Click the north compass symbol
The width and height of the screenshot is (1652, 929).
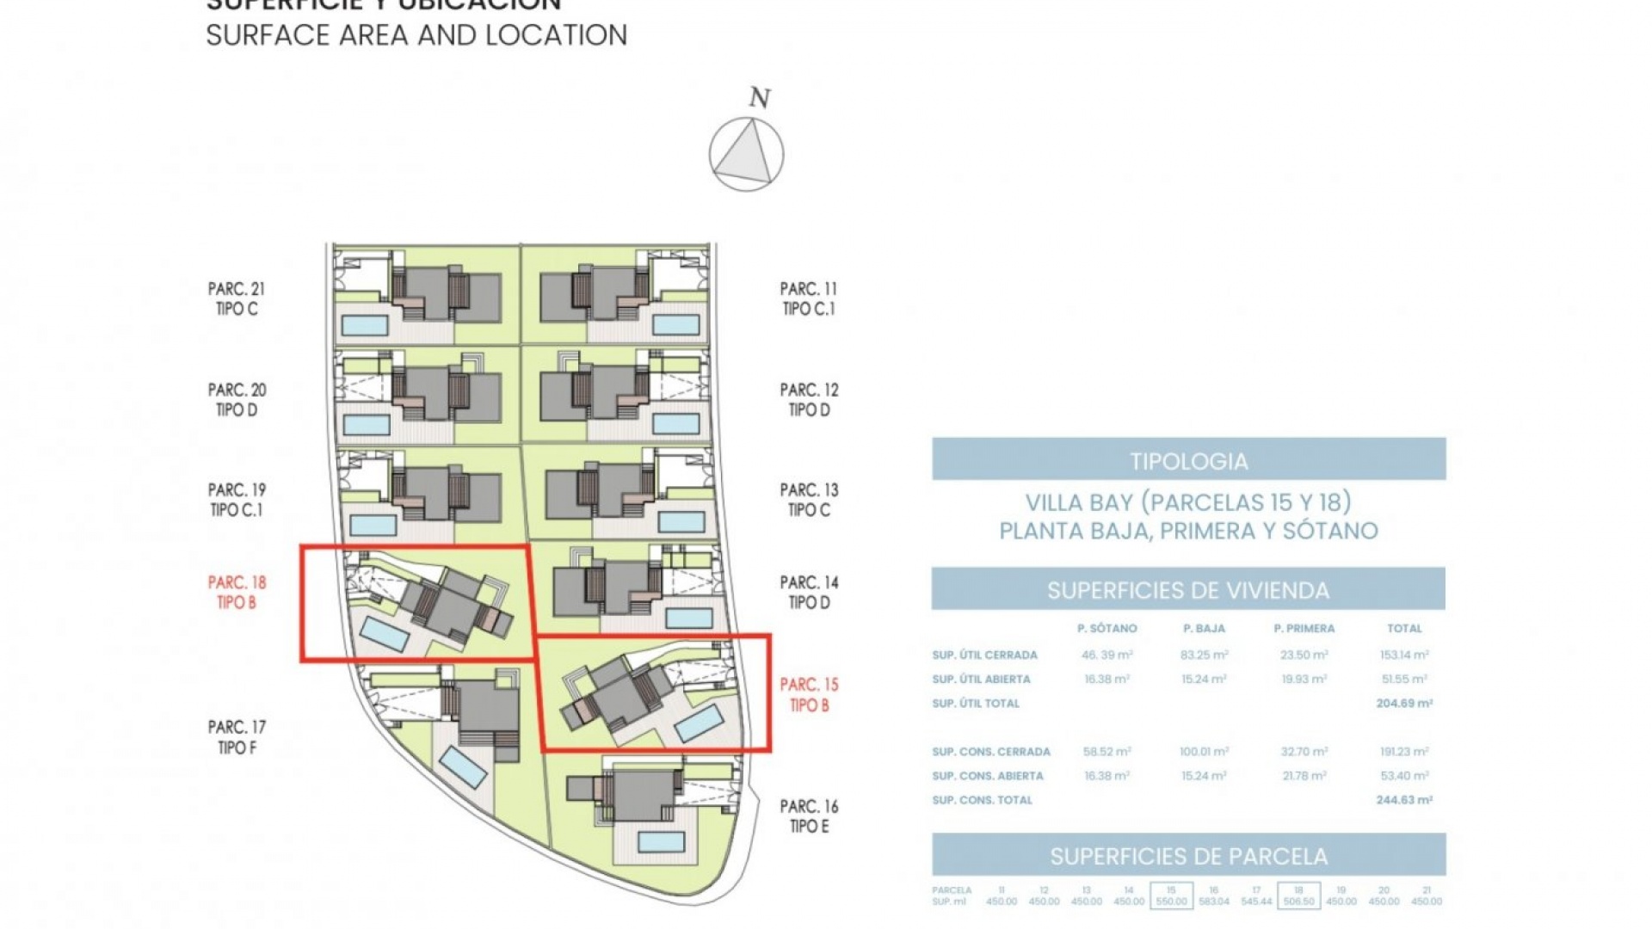pos(746,154)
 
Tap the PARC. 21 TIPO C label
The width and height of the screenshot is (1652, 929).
pos(237,298)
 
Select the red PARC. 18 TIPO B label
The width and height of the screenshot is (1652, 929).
pos(237,593)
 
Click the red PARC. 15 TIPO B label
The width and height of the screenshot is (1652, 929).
pos(809,694)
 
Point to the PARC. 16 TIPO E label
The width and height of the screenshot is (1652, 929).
pos(809,816)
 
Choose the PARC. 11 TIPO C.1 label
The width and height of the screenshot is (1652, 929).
pos(809,298)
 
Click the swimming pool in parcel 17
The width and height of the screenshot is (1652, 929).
pos(463,766)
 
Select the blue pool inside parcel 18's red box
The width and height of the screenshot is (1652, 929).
pos(384,634)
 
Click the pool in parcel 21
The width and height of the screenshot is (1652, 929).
pos(365,324)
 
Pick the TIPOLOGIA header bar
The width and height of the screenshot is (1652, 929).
pos(1188,460)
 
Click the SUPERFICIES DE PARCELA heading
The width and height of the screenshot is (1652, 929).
pos(1188,856)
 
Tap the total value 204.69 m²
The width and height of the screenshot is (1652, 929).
pos(1404,703)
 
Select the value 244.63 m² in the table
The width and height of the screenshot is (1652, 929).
pos(1404,800)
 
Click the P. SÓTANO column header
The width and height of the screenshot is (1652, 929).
pos(1106,629)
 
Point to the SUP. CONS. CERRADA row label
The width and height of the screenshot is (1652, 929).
pos(991,752)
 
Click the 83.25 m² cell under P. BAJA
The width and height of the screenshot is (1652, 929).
pos(1204,655)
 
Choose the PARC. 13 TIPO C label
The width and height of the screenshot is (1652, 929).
pos(809,500)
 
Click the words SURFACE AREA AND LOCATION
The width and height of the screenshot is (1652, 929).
pos(416,35)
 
